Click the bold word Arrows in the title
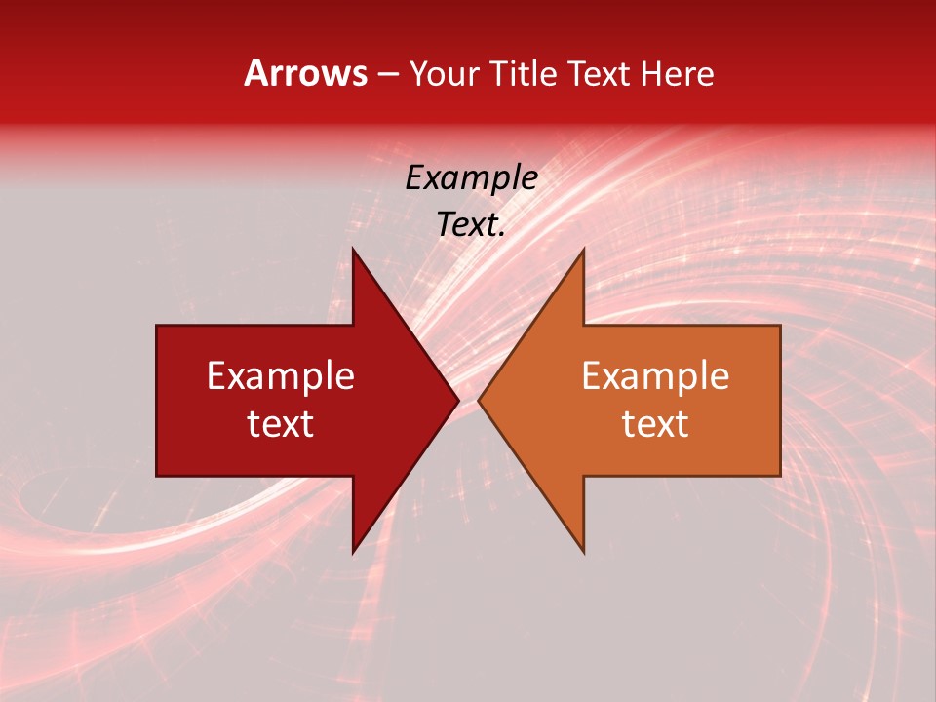point(305,73)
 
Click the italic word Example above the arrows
point(471,178)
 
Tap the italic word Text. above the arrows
point(471,225)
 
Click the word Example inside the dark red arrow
point(281,375)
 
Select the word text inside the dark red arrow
point(281,423)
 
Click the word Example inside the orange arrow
point(655,375)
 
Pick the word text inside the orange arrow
point(655,423)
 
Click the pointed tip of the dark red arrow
point(457,401)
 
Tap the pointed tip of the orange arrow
point(479,401)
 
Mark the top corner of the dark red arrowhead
point(353,250)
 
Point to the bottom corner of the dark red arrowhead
point(353,552)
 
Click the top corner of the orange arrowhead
point(583,250)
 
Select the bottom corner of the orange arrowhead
point(583,552)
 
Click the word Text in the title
point(599,74)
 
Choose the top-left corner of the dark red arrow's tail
point(157,326)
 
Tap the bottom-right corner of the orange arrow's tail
point(780,476)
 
